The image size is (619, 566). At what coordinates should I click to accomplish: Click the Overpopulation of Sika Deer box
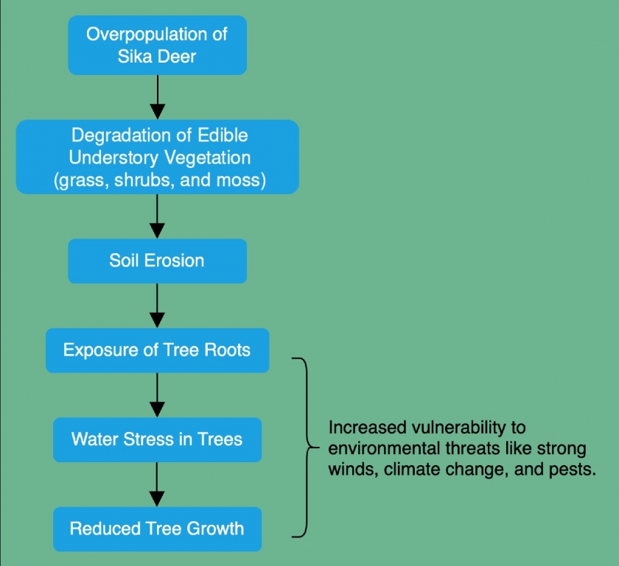coord(158,46)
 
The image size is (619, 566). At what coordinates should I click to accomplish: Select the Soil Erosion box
coord(158,261)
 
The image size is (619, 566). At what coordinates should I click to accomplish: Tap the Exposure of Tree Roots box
coord(158,350)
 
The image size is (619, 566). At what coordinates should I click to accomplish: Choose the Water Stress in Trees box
coord(158,440)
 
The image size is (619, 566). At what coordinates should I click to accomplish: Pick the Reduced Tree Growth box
coord(158,529)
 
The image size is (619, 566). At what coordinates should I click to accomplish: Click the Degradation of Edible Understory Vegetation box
coord(158,157)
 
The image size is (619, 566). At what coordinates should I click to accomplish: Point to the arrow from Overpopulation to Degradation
coord(158,97)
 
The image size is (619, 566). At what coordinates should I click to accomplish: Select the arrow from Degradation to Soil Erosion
coord(158,216)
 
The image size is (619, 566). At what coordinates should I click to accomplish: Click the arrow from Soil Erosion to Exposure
coord(158,305)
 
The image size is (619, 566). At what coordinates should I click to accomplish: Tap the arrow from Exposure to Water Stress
coord(158,395)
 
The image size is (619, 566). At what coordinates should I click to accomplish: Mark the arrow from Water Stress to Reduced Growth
coord(158,484)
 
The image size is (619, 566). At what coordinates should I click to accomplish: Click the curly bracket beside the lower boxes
coord(307,448)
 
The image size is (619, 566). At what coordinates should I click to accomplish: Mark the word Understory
coord(113,158)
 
